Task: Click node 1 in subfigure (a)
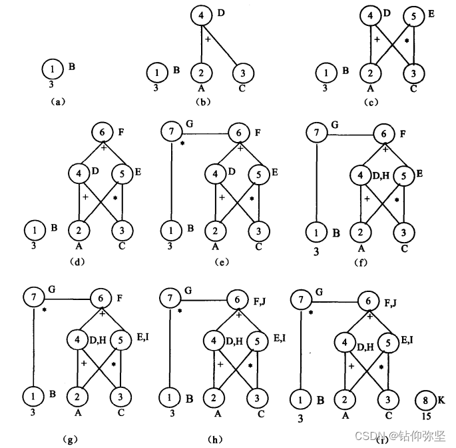51,67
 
